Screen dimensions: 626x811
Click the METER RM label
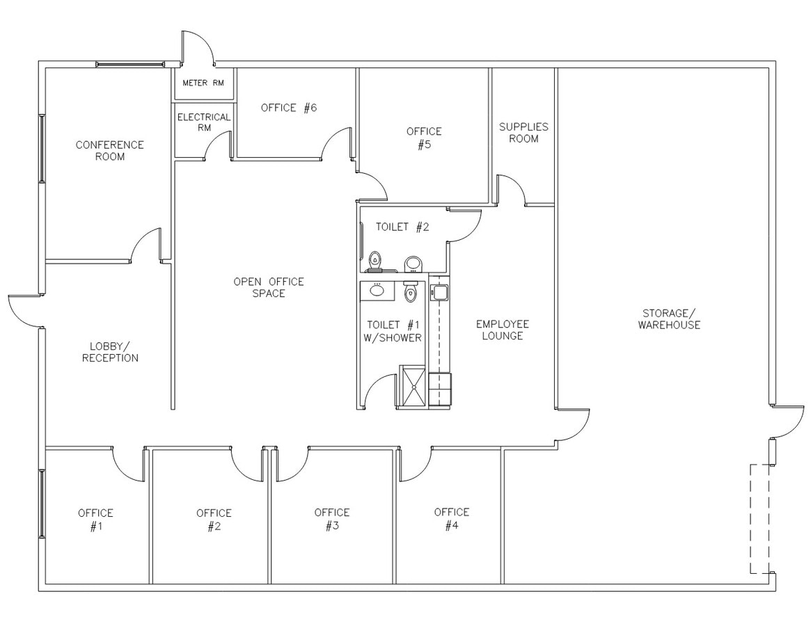203,83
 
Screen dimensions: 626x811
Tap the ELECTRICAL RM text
203,122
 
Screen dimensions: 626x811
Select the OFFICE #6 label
289,108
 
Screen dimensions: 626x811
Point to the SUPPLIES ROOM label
523,133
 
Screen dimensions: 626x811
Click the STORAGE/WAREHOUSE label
669,319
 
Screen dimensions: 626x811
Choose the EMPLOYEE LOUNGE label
502,330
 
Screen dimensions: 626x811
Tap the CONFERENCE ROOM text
110,151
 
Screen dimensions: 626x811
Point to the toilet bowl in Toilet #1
410,293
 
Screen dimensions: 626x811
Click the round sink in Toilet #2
414,263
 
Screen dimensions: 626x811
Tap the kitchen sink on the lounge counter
439,292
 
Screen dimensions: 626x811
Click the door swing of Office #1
128,465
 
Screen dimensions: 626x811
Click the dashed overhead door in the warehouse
760,518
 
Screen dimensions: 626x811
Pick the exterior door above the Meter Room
197,47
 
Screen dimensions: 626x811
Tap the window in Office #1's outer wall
42,504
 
